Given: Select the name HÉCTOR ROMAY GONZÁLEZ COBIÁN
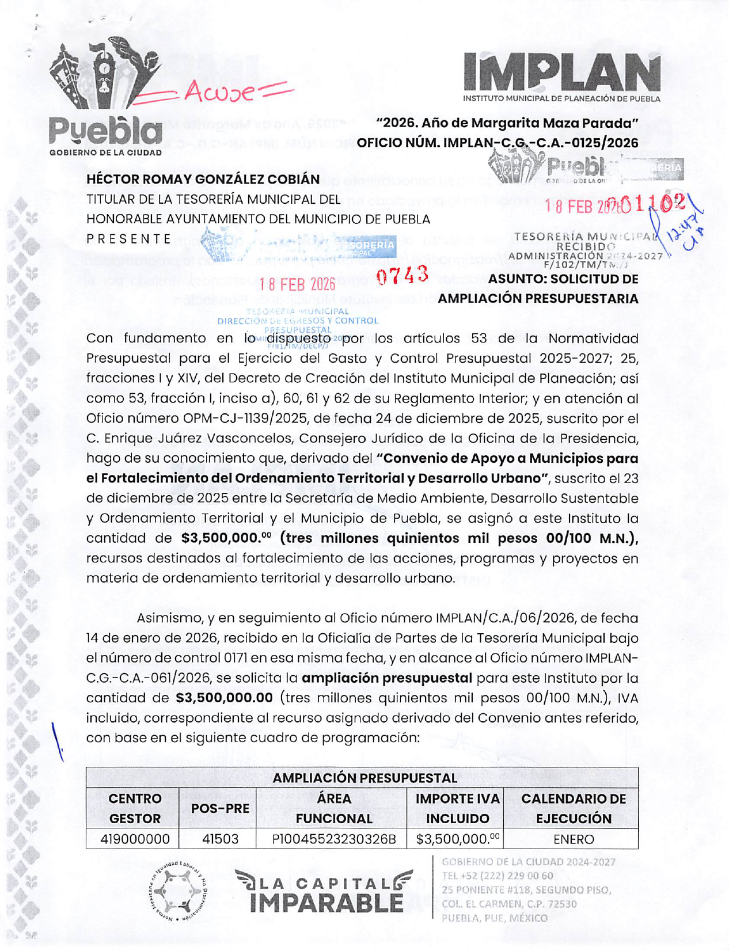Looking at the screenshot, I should [x=203, y=179].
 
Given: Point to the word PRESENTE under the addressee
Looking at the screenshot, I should [x=129, y=238].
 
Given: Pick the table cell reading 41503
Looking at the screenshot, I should [x=220, y=839].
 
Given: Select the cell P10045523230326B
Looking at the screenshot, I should [x=333, y=839].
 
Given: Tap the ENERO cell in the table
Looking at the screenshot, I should [x=573, y=839].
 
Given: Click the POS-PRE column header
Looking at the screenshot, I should [x=220, y=808].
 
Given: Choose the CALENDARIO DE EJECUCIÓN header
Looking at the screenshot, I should [x=573, y=808].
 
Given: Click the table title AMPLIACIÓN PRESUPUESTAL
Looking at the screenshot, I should [x=364, y=778].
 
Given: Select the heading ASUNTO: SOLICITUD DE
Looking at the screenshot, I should [x=563, y=279].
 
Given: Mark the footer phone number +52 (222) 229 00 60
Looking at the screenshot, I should [x=498, y=876].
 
